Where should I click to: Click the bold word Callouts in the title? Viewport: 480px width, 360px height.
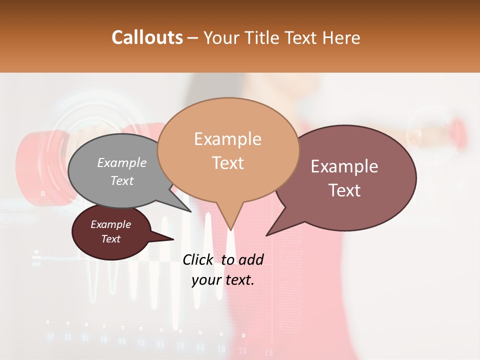pyautogui.click(x=147, y=37)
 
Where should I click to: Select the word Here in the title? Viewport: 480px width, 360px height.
pyautogui.click(x=342, y=37)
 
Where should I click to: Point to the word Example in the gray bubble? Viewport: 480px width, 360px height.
pyautogui.click(x=122, y=162)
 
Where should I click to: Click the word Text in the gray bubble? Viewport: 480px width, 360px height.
pyautogui.click(x=122, y=180)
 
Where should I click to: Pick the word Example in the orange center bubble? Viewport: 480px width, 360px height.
pyautogui.click(x=227, y=139)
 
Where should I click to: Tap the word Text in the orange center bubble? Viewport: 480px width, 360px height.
pyautogui.click(x=227, y=162)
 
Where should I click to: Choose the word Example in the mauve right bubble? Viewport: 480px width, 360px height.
pyautogui.click(x=344, y=166)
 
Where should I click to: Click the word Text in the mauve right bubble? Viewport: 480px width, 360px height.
pyautogui.click(x=344, y=190)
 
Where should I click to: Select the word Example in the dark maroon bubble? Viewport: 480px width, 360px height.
pyautogui.click(x=110, y=224)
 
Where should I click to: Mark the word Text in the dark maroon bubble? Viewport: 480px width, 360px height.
pyautogui.click(x=110, y=239)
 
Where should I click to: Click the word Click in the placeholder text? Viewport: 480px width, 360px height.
pyautogui.click(x=197, y=259)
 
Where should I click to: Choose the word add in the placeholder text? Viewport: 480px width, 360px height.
pyautogui.click(x=251, y=259)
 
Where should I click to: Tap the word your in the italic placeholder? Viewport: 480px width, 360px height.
pyautogui.click(x=206, y=280)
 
